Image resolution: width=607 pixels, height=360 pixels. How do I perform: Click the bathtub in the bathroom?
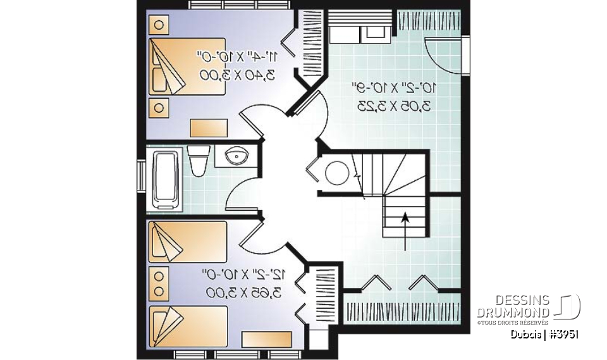[167, 180]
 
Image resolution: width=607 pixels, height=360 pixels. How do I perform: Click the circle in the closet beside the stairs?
[338, 172]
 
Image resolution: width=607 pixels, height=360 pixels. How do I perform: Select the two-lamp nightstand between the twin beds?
[159, 283]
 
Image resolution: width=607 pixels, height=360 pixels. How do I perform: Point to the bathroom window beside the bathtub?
[142, 179]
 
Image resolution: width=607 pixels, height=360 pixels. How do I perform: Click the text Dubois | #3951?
[545, 334]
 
